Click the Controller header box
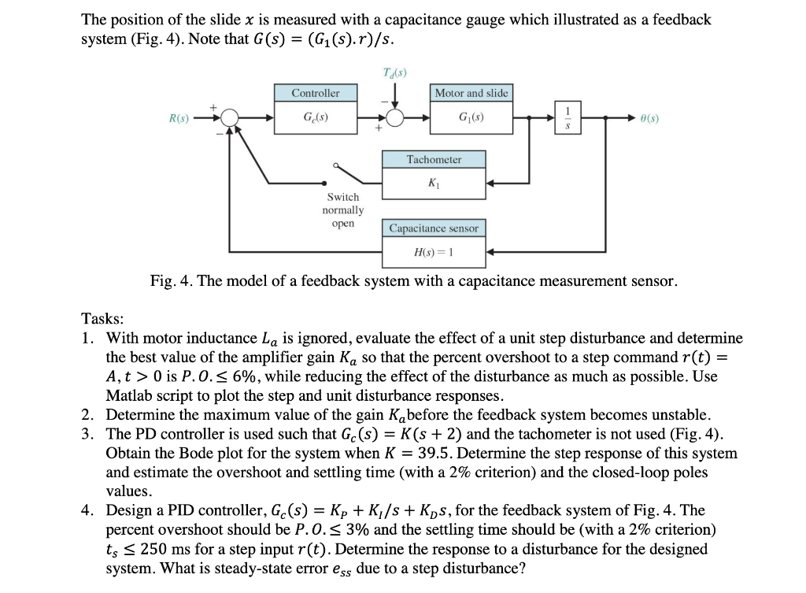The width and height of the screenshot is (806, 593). [315, 93]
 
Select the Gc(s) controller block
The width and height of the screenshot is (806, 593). [315, 118]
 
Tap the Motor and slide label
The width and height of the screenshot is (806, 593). [471, 93]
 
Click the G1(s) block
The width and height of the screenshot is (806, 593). [471, 118]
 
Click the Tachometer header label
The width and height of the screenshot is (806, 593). [434, 159]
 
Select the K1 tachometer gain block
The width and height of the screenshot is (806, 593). [434, 183]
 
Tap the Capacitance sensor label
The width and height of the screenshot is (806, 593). [434, 228]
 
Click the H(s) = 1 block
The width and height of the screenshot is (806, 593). [434, 252]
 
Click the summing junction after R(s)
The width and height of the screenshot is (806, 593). [230, 118]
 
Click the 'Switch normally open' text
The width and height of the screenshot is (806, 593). [343, 210]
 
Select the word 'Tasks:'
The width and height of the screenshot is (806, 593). [102, 319]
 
